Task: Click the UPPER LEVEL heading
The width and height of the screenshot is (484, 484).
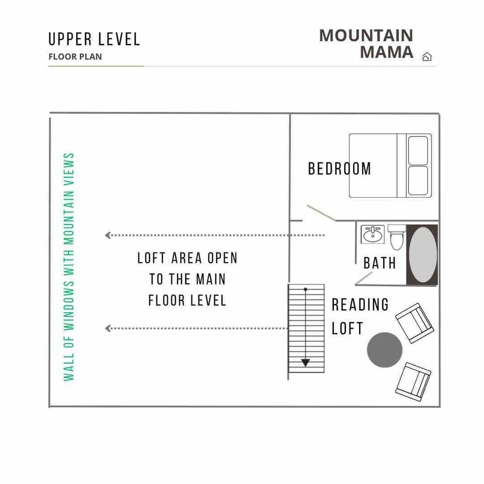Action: (94, 39)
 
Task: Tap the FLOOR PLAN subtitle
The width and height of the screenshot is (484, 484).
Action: (75, 57)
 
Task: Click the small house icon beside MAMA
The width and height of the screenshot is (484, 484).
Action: (427, 57)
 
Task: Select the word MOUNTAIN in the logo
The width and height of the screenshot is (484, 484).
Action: (366, 35)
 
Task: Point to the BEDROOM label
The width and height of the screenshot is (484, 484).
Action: (339, 169)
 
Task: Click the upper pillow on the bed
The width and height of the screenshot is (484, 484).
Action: (418, 150)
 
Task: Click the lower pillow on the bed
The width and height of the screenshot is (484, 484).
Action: (418, 180)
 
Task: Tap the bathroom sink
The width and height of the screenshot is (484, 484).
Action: (373, 234)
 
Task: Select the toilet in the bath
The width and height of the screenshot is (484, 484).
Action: (397, 237)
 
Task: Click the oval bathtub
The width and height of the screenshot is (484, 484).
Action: (423, 255)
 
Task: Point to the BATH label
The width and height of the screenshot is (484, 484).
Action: (380, 263)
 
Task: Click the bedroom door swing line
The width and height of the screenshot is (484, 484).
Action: (321, 213)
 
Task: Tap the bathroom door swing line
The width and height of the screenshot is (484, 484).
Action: (364, 278)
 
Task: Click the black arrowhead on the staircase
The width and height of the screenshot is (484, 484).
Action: (306, 362)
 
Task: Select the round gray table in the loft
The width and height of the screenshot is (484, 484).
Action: (385, 350)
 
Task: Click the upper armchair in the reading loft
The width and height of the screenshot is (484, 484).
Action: (414, 323)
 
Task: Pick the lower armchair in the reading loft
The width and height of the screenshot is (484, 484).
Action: (413, 382)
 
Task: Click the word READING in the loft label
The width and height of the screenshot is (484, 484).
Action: (360, 305)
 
